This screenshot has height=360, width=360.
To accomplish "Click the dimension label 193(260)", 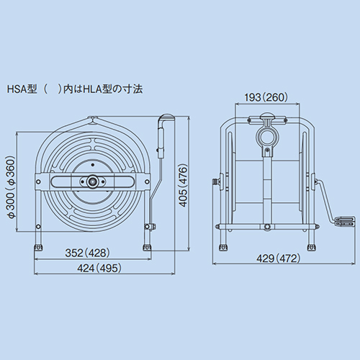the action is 266,97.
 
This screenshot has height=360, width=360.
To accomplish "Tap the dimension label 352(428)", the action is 87,253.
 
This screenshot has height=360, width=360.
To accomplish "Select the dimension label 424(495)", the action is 99,268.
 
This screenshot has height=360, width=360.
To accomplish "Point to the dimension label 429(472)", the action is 279,258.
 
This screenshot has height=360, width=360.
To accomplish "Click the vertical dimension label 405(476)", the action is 184,185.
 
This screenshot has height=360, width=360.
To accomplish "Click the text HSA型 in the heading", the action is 22,89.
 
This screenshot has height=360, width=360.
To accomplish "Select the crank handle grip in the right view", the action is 346,221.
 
